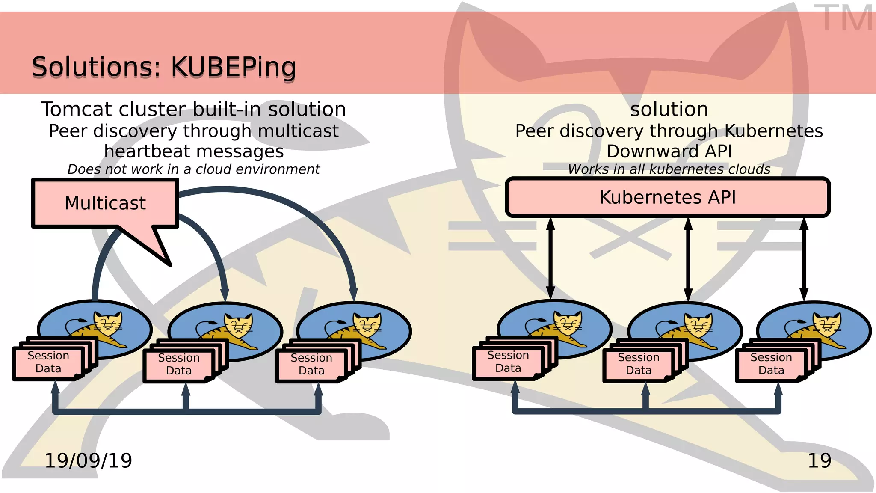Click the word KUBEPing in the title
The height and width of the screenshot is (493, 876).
[x=233, y=67]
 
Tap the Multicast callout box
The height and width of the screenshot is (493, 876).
[x=105, y=203]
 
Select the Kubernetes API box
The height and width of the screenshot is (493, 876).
[x=667, y=197]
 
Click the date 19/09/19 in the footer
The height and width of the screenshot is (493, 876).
[x=88, y=460]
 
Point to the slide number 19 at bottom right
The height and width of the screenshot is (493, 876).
[x=819, y=460]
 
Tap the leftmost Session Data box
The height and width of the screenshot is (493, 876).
[x=48, y=362]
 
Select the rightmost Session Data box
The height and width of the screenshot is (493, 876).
[x=771, y=364]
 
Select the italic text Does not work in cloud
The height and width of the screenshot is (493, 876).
[x=193, y=169]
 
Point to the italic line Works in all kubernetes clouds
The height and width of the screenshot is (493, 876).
[x=669, y=169]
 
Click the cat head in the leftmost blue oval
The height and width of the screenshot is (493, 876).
[x=108, y=323]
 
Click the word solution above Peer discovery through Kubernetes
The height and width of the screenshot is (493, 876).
[x=669, y=109]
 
